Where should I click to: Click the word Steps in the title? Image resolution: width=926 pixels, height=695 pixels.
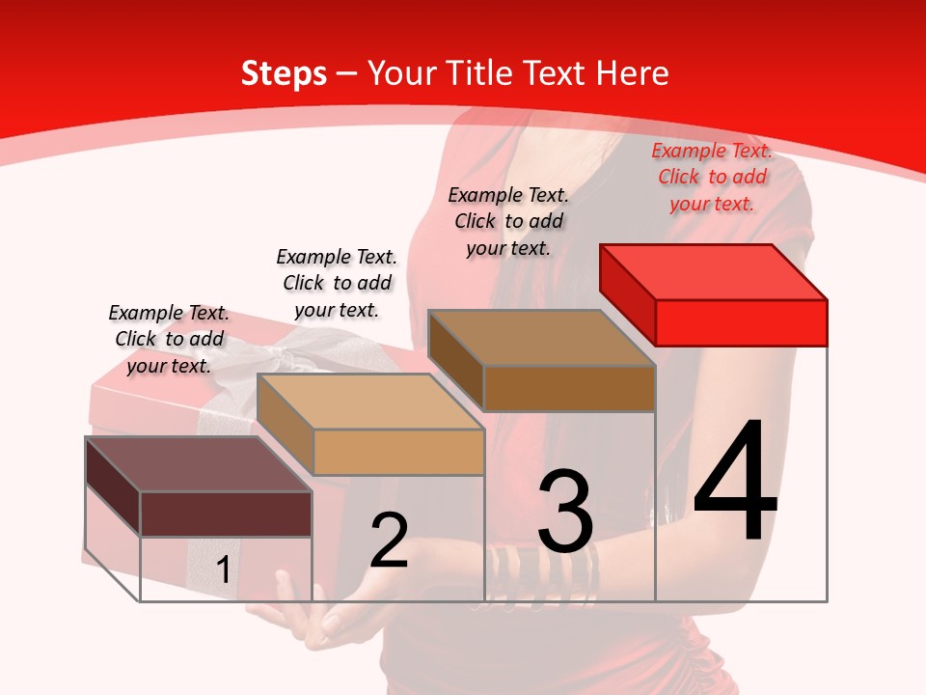pos(283,73)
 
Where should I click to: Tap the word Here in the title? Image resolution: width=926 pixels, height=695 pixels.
pos(632,73)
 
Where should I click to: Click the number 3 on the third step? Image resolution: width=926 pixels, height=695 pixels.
pos(565,512)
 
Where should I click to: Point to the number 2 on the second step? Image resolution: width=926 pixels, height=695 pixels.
pos(389,541)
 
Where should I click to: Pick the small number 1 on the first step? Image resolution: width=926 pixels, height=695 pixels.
pos(223,570)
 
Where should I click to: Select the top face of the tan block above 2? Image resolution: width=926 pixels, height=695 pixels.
pos(369,402)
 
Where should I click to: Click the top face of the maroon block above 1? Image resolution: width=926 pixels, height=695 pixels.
pos(198,464)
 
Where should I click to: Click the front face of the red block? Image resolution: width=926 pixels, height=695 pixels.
pos(741,322)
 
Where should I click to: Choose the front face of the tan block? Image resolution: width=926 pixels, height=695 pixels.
pos(398,452)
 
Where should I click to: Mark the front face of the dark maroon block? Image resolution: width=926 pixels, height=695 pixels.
pos(226,514)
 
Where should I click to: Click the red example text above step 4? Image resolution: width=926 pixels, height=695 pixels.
pos(712,178)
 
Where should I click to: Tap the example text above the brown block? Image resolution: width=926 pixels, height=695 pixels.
pos(508,221)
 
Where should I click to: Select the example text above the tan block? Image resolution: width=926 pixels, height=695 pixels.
pos(337,283)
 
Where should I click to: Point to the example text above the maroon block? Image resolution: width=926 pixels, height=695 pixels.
pos(169,339)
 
